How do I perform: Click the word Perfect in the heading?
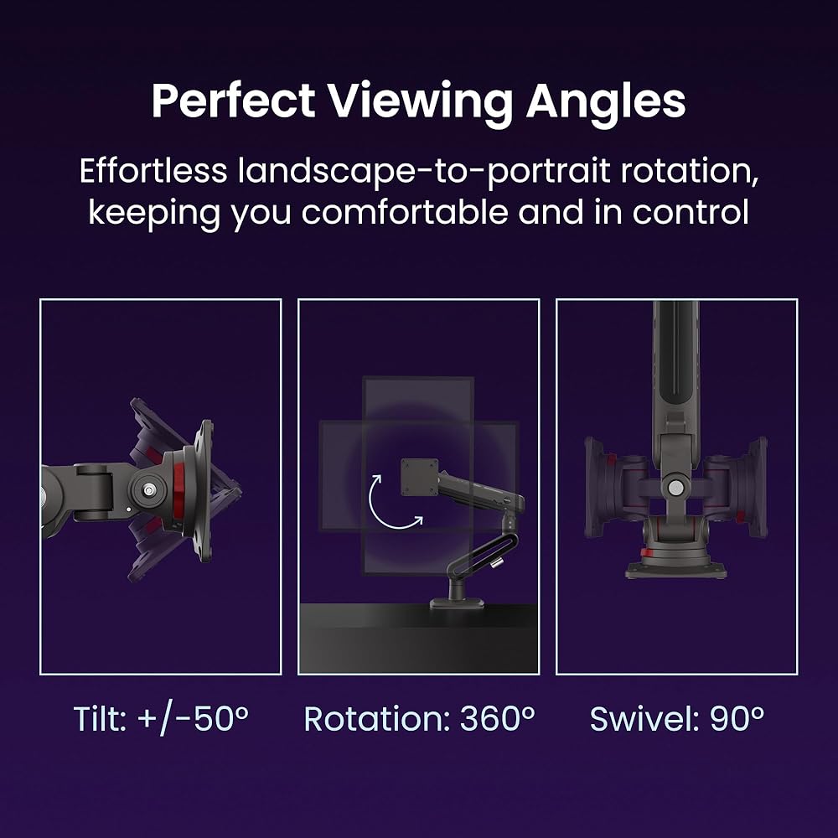tap(233, 101)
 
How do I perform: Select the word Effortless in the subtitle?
tap(153, 171)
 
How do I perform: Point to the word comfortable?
tap(405, 212)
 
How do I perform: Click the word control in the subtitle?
tap(691, 213)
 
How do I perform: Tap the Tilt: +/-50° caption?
tap(161, 719)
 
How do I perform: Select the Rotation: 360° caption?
tap(420, 718)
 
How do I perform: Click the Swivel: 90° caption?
tap(677, 718)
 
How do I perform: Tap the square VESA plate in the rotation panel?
tap(420, 478)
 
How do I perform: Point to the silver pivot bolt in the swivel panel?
tap(675, 487)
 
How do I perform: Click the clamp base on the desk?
tap(458, 603)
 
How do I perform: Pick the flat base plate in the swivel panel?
tap(676, 570)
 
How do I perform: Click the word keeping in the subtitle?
tap(154, 213)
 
